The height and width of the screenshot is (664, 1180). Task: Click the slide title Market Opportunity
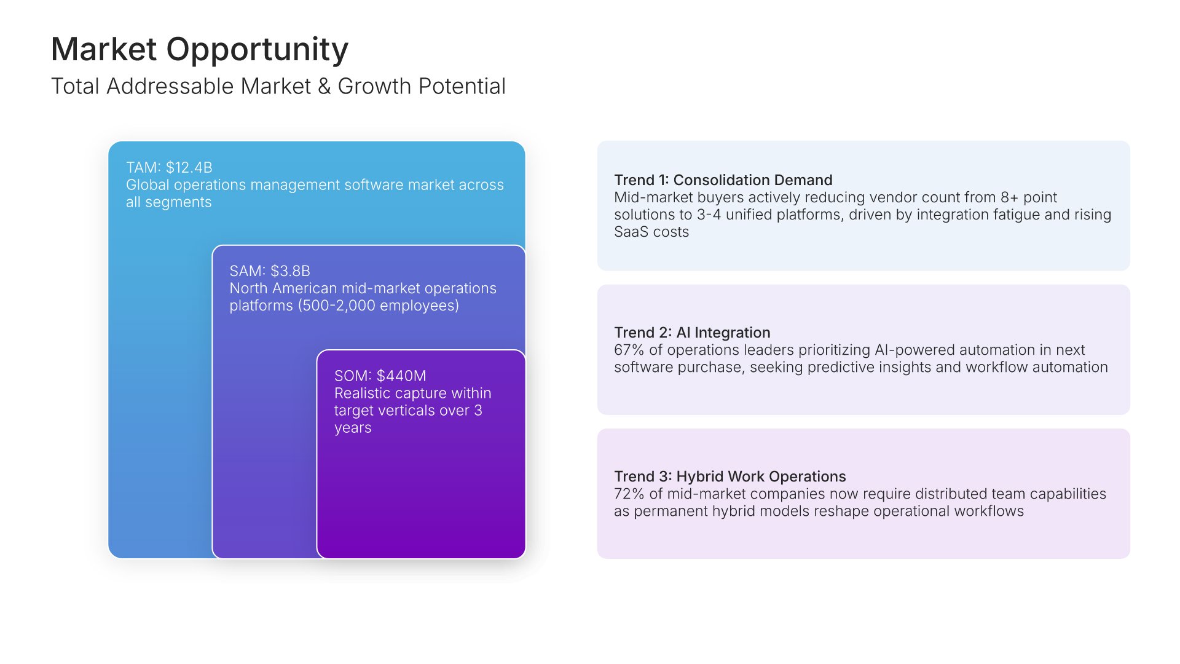[200, 49]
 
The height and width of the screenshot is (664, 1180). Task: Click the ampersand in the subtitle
[324, 87]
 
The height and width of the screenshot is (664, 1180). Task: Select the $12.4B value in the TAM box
[189, 167]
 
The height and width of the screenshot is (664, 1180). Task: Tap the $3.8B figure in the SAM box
[290, 271]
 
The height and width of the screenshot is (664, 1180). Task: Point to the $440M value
[401, 376]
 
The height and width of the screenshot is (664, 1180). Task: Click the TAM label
[143, 167]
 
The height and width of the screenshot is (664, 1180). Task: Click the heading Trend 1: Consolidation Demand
[723, 180]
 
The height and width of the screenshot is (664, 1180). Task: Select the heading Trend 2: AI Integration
[692, 333]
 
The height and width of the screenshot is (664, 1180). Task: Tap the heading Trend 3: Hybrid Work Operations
[730, 476]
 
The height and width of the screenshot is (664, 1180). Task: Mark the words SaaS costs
[651, 232]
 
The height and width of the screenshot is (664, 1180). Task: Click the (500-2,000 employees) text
[379, 306]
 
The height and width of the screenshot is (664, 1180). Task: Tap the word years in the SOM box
[353, 428]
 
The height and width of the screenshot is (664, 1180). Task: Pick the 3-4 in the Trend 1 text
[709, 215]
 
